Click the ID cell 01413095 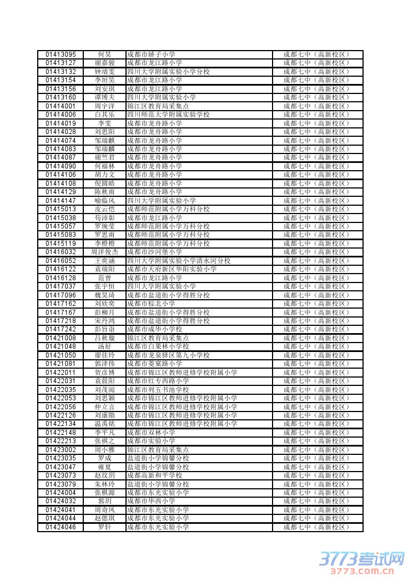point(61,54)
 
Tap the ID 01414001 point(61,106)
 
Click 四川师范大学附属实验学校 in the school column point(168,115)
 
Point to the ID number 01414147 point(61,200)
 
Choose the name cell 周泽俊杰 point(104,252)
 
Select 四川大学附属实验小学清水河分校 point(178,260)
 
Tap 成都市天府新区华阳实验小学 point(172,269)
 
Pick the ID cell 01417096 point(61,295)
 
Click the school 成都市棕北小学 point(151,304)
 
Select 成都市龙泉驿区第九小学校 point(168,355)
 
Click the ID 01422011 point(61,372)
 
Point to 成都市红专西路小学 point(158,381)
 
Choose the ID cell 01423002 point(61,449)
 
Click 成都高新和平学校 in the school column point(154,475)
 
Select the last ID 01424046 point(61,527)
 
